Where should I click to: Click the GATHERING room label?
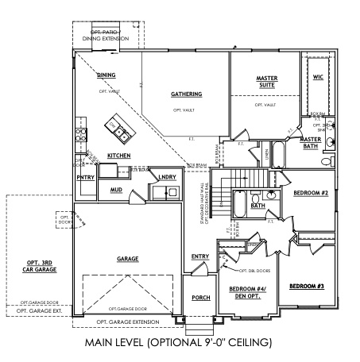click(186, 94)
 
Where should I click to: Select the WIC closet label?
click(318, 78)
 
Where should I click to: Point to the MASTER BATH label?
click(309, 142)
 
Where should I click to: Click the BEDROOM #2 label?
click(311, 193)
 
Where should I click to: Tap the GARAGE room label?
click(128, 259)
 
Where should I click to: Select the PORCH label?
click(200, 298)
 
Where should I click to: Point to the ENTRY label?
click(199, 256)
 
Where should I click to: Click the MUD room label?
click(116, 191)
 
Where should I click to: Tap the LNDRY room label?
click(167, 178)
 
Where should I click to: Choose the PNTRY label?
click(86, 178)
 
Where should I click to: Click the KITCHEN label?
click(119, 156)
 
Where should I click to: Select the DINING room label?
click(106, 75)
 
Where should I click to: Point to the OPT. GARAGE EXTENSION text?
click(129, 322)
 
